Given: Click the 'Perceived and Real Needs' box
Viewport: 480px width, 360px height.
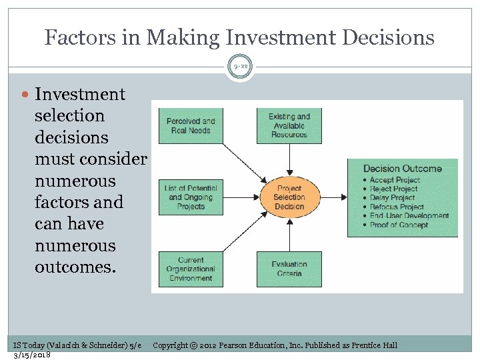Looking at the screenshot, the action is point(191,125).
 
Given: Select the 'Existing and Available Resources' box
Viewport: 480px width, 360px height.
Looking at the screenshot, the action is point(289,125).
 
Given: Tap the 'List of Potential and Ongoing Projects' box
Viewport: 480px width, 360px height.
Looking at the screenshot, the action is point(191,197).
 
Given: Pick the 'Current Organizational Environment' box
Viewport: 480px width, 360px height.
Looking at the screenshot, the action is point(191,269).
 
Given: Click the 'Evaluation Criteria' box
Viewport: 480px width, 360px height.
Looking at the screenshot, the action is point(289,269).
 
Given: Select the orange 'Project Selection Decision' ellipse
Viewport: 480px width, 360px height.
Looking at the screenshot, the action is point(289,197).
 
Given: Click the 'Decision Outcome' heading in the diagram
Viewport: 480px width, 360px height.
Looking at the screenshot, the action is point(402,169).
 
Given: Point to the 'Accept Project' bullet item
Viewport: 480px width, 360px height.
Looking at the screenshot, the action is point(395,180).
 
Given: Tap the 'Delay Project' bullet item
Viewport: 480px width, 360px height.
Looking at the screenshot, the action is point(393,198).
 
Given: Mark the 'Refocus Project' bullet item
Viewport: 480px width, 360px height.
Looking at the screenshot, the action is point(397,207).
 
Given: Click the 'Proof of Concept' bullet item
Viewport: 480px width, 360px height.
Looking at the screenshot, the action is point(399,225).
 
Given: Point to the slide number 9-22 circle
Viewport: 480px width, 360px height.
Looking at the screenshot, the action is point(240,66).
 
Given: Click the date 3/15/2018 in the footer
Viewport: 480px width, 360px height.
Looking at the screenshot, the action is point(32,354).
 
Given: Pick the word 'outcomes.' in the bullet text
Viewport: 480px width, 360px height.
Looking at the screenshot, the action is point(75,267).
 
